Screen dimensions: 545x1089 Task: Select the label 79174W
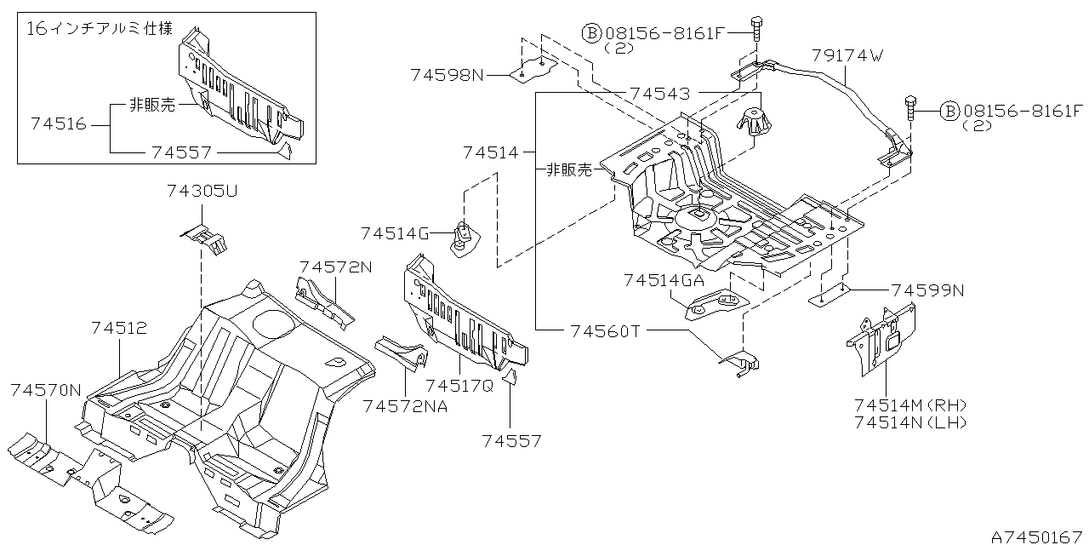click(848, 56)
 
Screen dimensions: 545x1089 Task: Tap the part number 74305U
click(202, 192)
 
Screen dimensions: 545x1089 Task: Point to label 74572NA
click(405, 406)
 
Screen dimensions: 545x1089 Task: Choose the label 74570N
click(46, 390)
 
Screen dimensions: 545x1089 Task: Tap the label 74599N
click(927, 290)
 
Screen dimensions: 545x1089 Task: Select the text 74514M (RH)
click(911, 404)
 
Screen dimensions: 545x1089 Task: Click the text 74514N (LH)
click(911, 422)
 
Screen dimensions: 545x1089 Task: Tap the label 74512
click(119, 327)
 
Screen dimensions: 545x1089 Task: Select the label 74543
click(659, 93)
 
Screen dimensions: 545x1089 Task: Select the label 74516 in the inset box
click(59, 124)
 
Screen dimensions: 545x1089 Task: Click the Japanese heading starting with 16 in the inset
click(100, 29)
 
